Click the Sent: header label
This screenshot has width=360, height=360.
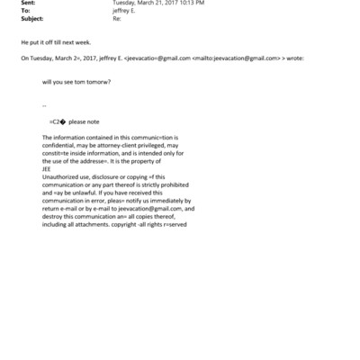pyautogui.click(x=29, y=3)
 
